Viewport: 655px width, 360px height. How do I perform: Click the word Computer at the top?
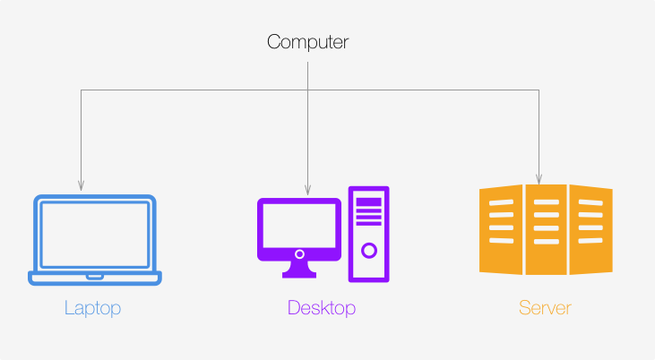pos(308,42)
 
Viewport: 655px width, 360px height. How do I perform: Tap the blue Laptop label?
pos(92,309)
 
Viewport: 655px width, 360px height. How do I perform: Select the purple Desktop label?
pos(322,309)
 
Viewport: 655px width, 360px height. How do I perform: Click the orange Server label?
pos(545,308)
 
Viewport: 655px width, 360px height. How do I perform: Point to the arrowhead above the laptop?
pos(81,185)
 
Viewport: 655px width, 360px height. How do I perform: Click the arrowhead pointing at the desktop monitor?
pos(308,190)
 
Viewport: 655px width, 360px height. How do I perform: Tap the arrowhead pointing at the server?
pos(539,179)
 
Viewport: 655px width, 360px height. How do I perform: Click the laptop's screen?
pos(95,235)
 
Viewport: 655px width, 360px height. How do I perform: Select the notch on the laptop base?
pos(95,277)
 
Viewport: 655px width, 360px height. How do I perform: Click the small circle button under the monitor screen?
pos(299,254)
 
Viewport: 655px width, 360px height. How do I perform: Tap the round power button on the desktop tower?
pos(369,251)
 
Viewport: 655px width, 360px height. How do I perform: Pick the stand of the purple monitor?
pos(299,270)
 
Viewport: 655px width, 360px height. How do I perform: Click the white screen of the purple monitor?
pos(299,226)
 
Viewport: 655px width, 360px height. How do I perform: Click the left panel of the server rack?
pos(501,229)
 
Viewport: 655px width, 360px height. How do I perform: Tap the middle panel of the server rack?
pos(546,229)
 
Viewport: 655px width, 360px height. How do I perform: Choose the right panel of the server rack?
pos(591,229)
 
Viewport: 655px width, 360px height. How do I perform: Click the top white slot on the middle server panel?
pos(547,202)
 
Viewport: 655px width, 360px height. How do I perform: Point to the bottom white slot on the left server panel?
pos(501,241)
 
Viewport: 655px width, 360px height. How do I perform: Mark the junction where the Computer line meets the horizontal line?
pos(308,90)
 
